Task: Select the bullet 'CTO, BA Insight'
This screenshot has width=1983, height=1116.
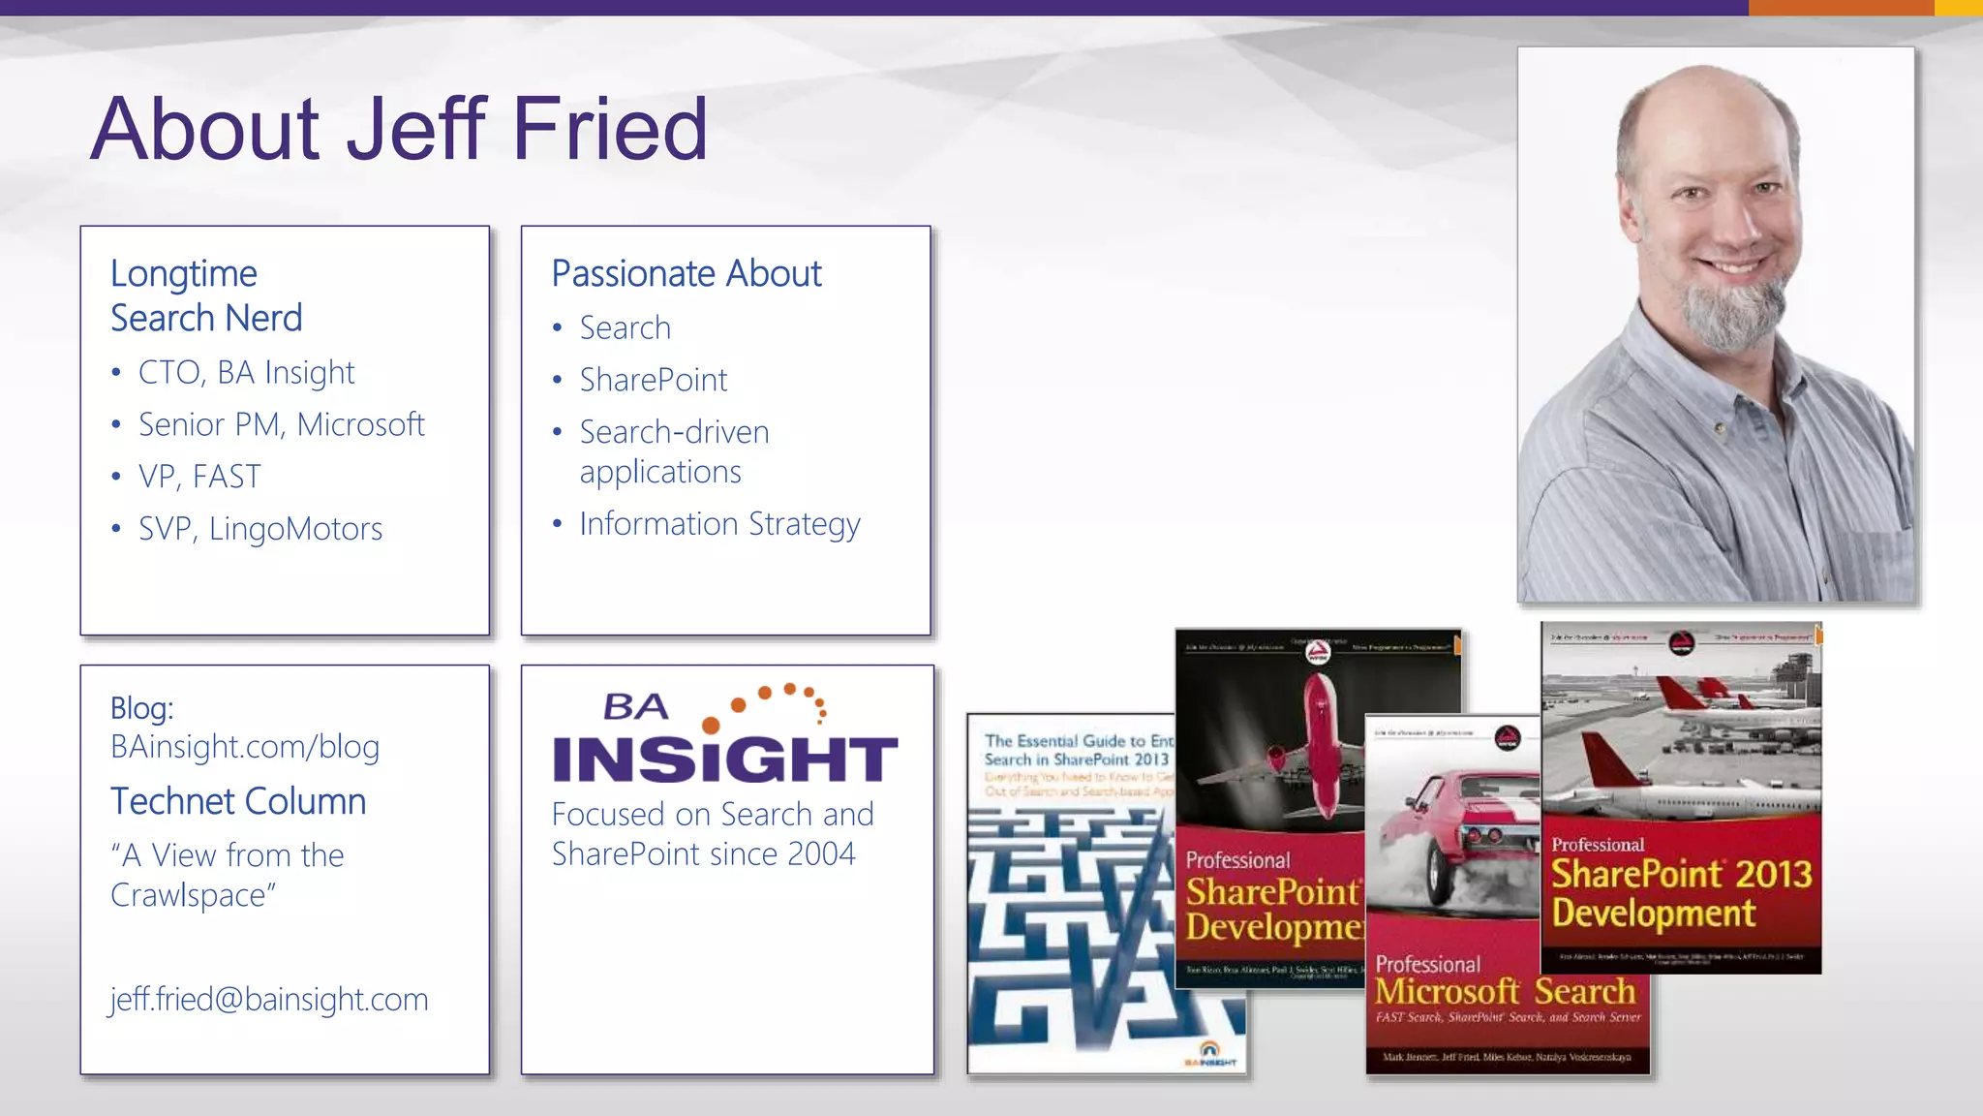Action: pos(246,373)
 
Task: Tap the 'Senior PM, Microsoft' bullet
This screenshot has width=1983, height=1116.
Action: pos(281,424)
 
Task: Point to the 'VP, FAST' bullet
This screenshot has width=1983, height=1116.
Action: pos(199,477)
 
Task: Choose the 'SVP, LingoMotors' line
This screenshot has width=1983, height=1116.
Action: pos(259,529)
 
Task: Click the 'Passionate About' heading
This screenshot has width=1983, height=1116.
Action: pos(686,274)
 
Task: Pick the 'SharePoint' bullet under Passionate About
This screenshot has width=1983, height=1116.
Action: pos(653,380)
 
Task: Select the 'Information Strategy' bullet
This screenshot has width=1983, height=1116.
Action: pos(719,524)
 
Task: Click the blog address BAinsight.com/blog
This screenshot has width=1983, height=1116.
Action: pos(244,747)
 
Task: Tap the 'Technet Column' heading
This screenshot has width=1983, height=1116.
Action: pos(238,802)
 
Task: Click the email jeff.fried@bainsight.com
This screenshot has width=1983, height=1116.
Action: pos(268,999)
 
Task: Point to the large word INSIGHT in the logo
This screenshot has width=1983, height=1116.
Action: pos(724,759)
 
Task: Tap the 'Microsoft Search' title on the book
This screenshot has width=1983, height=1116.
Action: pos(1505,991)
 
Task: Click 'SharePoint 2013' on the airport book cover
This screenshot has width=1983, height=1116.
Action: pos(1681,874)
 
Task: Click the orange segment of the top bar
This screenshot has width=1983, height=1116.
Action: pos(1841,8)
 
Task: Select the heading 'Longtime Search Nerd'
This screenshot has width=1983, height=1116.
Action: pos(206,295)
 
